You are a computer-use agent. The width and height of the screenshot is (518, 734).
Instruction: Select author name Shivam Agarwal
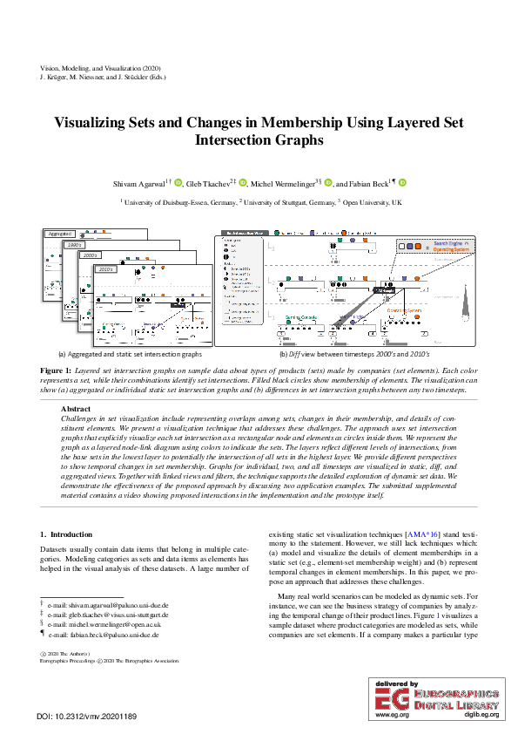pos(138,183)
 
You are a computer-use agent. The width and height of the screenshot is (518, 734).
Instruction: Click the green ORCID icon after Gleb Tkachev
pos(243,183)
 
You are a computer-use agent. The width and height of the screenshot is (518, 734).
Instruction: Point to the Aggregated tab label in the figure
pos(59,234)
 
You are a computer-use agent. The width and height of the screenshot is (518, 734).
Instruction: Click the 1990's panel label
pos(74,245)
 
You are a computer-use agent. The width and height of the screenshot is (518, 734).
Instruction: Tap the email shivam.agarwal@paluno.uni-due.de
pos(109,604)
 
